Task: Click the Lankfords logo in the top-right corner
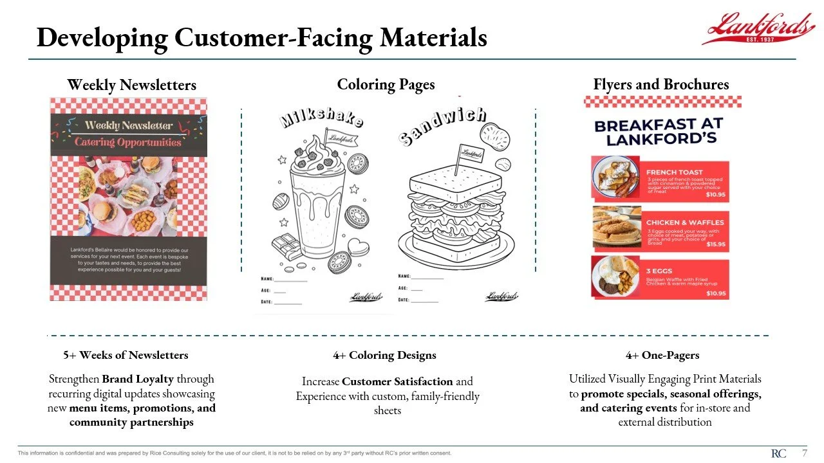758,29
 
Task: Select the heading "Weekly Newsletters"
131,85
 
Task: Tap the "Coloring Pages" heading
386,84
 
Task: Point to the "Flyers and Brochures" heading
660,84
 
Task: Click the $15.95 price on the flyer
716,244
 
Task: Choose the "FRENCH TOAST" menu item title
674,172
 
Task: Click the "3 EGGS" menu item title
659,271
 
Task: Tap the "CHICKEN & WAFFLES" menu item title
684,222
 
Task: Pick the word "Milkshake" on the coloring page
321,118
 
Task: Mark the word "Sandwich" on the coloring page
442,125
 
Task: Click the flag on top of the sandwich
470,153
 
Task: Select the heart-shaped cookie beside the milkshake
358,247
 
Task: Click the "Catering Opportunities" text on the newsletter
127,142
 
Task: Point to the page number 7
804,453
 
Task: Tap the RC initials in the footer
778,453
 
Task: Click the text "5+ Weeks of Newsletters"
126,355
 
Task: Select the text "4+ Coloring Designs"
384,355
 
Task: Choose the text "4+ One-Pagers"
662,355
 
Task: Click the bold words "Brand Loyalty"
138,379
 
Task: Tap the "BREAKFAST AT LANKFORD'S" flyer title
659,131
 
